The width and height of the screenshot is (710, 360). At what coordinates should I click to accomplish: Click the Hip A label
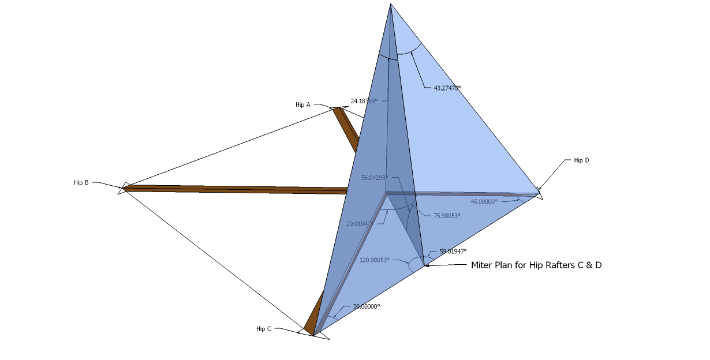tap(302, 104)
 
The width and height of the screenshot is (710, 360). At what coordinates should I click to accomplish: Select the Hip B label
tap(81, 182)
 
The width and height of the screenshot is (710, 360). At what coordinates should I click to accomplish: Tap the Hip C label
tap(263, 328)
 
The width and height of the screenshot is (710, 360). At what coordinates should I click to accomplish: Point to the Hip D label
tap(581, 160)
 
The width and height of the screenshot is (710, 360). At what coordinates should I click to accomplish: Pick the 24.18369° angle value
tap(364, 101)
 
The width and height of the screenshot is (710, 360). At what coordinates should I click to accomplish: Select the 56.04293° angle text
tap(375, 178)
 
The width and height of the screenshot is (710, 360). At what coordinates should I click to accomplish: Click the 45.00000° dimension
tap(484, 202)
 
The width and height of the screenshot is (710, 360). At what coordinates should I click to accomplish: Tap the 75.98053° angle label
tap(447, 216)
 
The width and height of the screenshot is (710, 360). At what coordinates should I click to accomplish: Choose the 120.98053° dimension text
tap(374, 260)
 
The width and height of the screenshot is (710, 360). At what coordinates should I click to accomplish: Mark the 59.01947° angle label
tap(453, 251)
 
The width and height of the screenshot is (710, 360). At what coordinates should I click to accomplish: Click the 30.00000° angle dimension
tap(366, 306)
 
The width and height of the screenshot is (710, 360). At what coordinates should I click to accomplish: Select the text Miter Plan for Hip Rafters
tap(536, 265)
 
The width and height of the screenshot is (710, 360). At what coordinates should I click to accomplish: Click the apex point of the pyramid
tap(391, 5)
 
